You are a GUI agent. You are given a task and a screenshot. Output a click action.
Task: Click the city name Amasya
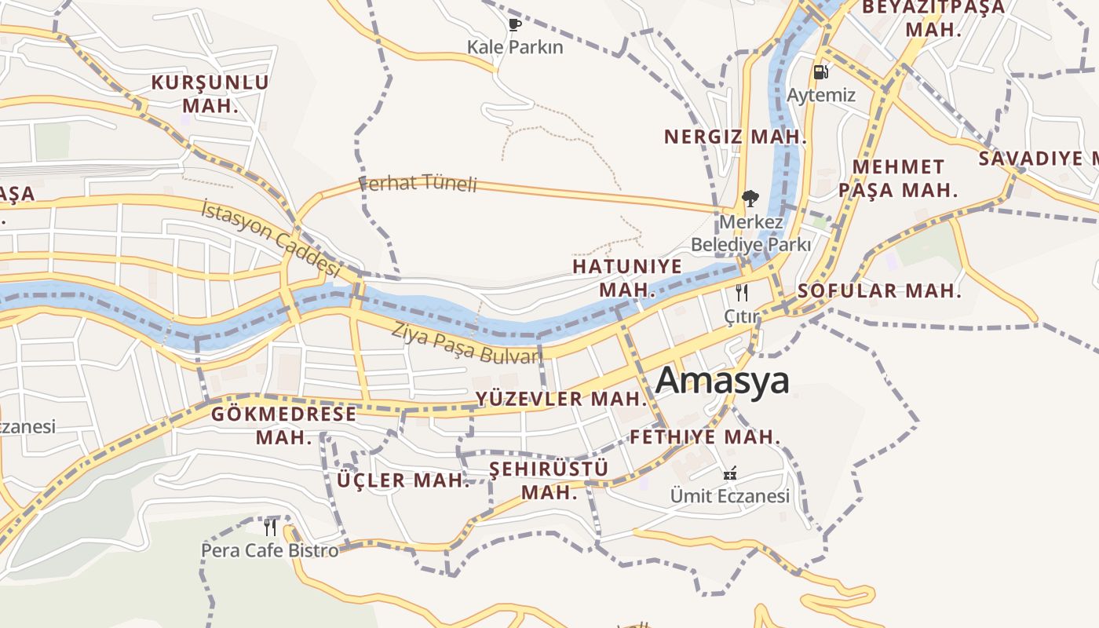point(722,381)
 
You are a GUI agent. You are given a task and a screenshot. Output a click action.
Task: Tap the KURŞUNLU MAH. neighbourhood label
point(210,93)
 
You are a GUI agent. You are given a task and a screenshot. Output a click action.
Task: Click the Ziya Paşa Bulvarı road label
point(466,343)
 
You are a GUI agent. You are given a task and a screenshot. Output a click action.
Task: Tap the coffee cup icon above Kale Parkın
point(514,25)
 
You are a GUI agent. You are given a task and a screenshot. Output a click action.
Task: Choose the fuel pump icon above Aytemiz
point(820,72)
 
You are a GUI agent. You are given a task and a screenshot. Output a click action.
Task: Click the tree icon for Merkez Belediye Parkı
point(750,198)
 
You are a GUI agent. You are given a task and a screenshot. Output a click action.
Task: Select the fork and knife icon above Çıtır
point(741,294)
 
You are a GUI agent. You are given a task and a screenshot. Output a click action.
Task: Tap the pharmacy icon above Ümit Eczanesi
point(730,473)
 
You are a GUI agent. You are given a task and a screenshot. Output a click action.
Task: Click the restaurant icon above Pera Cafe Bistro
point(270,527)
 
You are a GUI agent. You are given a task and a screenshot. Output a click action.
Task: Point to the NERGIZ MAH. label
point(735,137)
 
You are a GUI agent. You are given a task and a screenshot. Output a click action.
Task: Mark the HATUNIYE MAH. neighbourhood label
point(627,278)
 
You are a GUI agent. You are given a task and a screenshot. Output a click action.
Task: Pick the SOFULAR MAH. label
point(879,290)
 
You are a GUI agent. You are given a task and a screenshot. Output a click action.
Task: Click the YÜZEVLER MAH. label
point(561,399)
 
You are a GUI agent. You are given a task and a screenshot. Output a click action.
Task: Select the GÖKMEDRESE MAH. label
point(283,425)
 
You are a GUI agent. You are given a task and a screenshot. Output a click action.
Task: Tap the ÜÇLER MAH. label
point(403,480)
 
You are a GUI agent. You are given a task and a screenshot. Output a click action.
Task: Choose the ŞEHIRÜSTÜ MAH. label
point(549,480)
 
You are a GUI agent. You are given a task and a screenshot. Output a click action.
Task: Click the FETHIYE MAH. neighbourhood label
point(705,436)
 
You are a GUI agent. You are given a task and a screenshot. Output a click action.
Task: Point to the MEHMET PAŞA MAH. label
point(898,178)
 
